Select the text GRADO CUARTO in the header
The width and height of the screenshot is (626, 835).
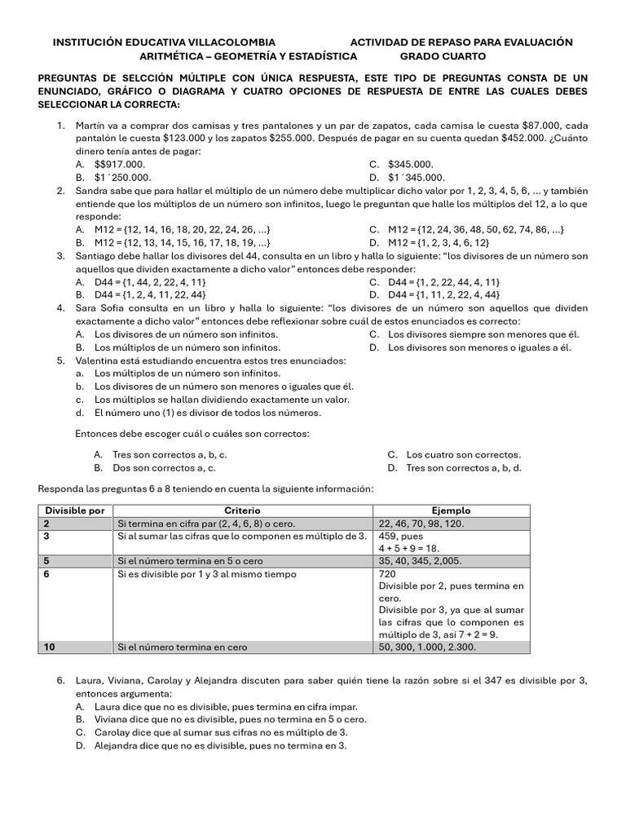pos(442,56)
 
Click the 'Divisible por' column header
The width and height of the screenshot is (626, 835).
pos(74,510)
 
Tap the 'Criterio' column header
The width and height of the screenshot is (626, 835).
pos(242,510)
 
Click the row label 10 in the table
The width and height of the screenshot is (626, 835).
pos(49,647)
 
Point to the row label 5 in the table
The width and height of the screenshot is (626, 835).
pos(46,561)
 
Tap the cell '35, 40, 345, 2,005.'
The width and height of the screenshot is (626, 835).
pos(420,561)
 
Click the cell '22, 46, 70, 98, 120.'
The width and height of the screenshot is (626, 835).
pos(421,524)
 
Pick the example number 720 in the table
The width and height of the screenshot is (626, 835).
pos(388,574)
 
